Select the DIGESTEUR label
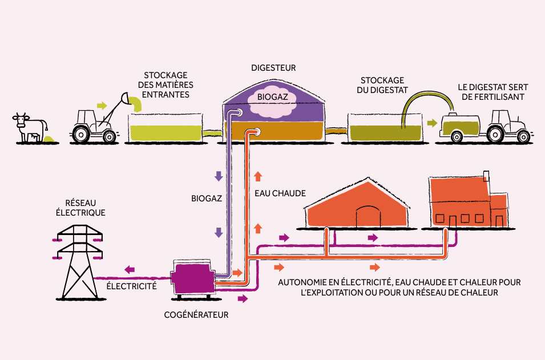tap(273, 67)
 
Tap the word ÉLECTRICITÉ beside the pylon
tap(131, 286)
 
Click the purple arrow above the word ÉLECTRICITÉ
tap(130, 269)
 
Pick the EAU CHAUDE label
tap(280, 193)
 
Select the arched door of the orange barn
tap(368, 217)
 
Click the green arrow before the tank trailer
tap(433, 123)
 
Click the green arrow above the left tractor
tap(102, 106)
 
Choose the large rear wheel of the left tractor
tap(81, 134)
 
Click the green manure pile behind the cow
tap(50, 138)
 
